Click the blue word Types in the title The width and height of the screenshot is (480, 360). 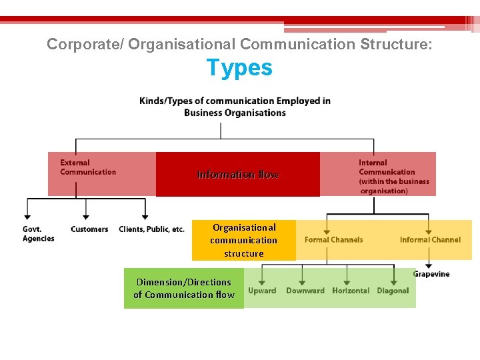pos(239,67)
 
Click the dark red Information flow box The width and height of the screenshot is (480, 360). pos(238,175)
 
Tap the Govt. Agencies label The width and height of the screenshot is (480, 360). pos(38,234)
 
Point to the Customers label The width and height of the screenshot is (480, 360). pos(89,229)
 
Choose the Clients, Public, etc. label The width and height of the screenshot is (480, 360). pos(151,229)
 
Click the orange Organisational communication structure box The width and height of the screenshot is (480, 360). pos(244,240)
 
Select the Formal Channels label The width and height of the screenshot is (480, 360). pos(333,239)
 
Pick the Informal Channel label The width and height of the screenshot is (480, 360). pos(430,239)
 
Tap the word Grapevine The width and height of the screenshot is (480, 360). pos(431,274)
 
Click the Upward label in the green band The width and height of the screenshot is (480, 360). pos(262,291)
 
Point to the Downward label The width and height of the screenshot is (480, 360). pos(305,291)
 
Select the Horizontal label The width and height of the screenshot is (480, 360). pos(351,291)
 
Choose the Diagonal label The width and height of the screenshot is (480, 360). pos(393,291)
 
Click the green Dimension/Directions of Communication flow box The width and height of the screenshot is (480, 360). pos(184,288)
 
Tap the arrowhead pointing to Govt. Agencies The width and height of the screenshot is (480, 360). pos(27,216)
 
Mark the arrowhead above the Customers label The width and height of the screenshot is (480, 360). pos(86,216)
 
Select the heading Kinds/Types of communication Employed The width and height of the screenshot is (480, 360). pos(235,101)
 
